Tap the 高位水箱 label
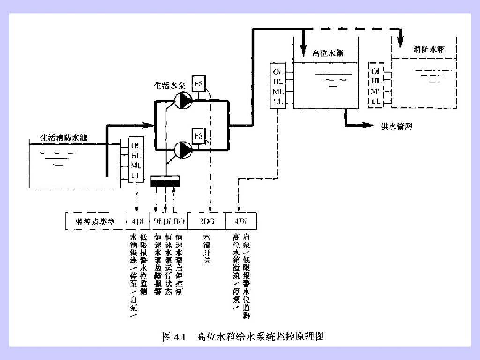coord(328,53)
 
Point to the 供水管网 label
coord(396,127)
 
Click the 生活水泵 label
coord(171,86)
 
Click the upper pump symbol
coord(183,100)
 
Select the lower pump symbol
coord(183,150)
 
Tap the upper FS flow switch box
coord(199,84)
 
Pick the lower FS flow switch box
coord(199,136)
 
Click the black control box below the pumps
coord(165,182)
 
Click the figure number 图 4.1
coord(174,336)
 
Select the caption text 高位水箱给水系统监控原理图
coord(260,336)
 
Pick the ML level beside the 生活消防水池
coord(136,165)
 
